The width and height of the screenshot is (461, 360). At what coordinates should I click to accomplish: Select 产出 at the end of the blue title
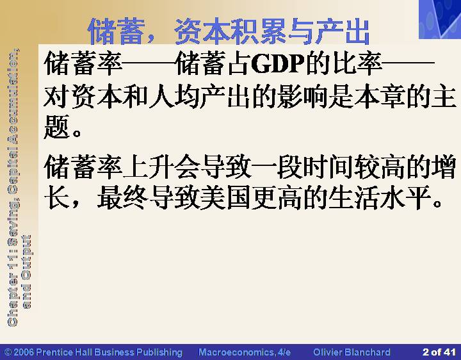click(x=343, y=31)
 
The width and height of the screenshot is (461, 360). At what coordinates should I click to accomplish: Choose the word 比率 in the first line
click(x=357, y=63)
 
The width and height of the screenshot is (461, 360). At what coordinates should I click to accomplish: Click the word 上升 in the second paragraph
click(x=148, y=167)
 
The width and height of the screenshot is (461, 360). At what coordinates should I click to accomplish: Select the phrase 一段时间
click(x=302, y=167)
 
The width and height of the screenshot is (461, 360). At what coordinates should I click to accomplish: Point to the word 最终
click(x=122, y=198)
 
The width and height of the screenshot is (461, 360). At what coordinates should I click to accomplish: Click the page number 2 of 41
click(x=439, y=352)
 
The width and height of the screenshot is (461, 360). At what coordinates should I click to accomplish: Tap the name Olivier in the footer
click(x=327, y=352)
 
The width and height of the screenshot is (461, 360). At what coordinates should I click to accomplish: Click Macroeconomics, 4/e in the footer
click(x=245, y=352)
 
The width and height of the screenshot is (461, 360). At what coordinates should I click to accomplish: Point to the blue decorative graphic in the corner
click(x=440, y=19)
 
